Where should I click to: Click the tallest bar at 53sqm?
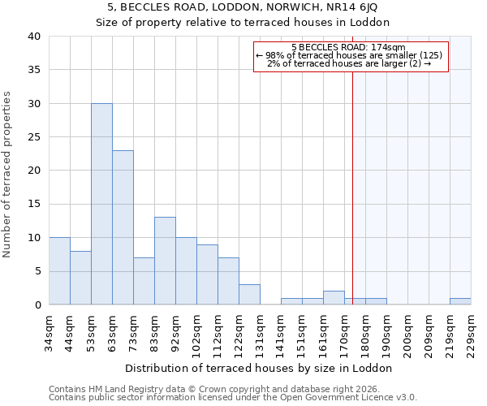tap(101, 204)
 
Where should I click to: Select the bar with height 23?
tap(123, 227)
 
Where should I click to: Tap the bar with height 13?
tap(165, 261)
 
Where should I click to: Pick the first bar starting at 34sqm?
tap(59, 271)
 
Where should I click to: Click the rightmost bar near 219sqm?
tap(460, 301)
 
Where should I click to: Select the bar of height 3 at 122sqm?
tap(249, 295)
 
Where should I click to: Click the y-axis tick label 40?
tap(33, 37)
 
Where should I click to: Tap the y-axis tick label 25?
tap(33, 137)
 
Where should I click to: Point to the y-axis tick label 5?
tap(37, 271)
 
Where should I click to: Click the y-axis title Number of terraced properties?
tap(7, 175)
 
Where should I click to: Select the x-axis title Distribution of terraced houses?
tap(260, 368)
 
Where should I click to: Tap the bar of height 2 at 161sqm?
tap(334, 298)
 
